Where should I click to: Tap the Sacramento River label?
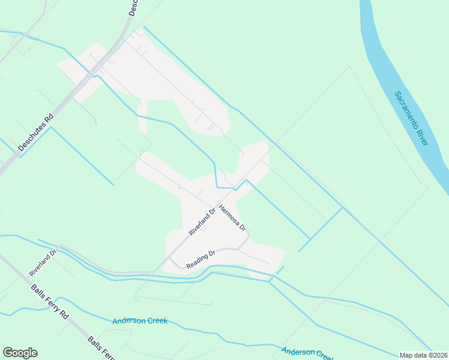pos(412,119)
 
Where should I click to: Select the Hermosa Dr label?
pos(233,218)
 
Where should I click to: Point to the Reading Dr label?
pos(200,259)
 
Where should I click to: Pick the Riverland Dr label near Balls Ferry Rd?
pos(43,263)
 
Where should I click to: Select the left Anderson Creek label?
pos(139,321)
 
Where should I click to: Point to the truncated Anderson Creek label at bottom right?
pos(307,352)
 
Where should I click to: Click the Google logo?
pos(20,353)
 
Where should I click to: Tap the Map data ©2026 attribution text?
pos(423,355)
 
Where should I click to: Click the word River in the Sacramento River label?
pos(421,136)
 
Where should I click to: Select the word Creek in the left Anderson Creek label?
pos(155,321)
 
